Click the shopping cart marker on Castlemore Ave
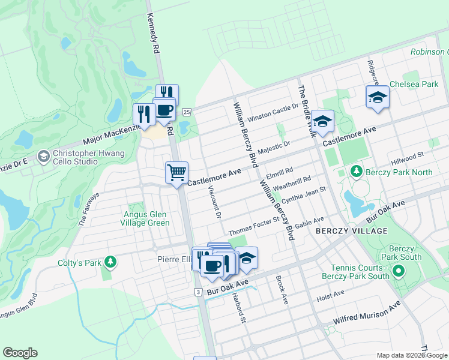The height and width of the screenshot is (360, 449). click(x=177, y=173)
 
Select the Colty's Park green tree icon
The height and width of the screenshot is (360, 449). click(x=110, y=262)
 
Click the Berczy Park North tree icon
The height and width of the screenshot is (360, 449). click(x=356, y=172)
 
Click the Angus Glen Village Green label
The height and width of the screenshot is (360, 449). click(x=146, y=218)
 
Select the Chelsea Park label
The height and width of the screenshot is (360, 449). click(x=414, y=85)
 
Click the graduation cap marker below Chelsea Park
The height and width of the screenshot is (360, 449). click(x=378, y=97)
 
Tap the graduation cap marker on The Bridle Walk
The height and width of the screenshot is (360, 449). click(x=322, y=121)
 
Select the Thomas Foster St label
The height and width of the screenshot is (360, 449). click(x=254, y=229)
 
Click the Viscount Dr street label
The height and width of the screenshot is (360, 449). click(x=215, y=202)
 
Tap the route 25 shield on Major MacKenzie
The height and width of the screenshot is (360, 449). click(x=187, y=112)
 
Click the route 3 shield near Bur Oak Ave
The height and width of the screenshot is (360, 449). click(x=197, y=292)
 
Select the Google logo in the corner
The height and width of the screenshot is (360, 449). click(x=20, y=353)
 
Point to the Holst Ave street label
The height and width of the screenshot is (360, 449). click(x=331, y=294)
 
